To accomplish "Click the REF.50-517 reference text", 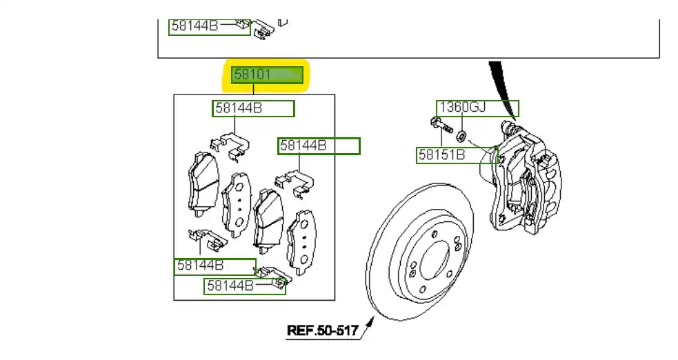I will click(x=322, y=331).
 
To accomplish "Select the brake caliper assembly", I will click(x=528, y=181).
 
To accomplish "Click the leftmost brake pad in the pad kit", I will click(x=202, y=182).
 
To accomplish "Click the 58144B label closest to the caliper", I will click(x=319, y=146).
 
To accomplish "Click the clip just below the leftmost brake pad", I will click(x=205, y=238).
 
